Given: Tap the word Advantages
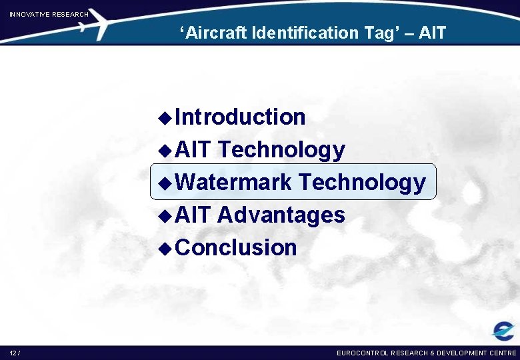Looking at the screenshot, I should pyautogui.click(x=281, y=215).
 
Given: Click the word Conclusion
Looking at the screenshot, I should pyautogui.click(x=237, y=247).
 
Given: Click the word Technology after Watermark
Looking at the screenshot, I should pyautogui.click(x=362, y=181).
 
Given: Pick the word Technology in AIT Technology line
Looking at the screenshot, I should pyautogui.click(x=281, y=150).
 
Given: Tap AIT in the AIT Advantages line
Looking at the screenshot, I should pyautogui.click(x=193, y=215).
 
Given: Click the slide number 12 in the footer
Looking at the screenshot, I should pyautogui.click(x=13, y=353).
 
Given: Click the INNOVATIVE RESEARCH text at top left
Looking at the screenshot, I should pyautogui.click(x=49, y=14).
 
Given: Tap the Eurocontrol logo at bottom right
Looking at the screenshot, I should pyautogui.click(x=503, y=330).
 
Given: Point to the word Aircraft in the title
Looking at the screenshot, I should pyautogui.click(x=217, y=33).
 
